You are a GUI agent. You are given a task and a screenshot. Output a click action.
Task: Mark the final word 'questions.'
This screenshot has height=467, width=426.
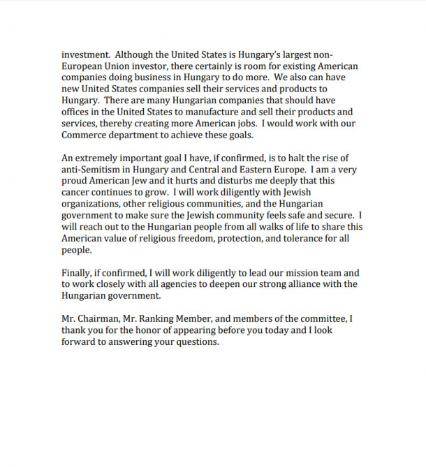[196, 342]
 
